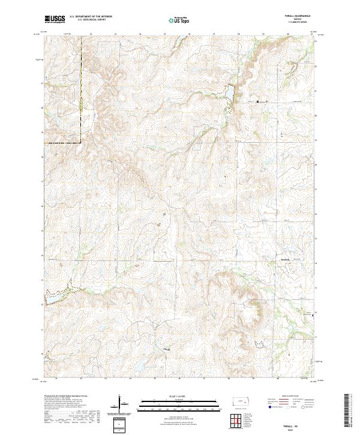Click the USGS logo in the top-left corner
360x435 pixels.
click(55, 19)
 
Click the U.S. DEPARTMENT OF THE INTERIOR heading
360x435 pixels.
click(91, 16)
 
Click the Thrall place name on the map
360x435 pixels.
click(167, 349)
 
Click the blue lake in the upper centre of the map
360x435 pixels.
click(229, 97)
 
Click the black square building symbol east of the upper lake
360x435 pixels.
click(259, 102)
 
